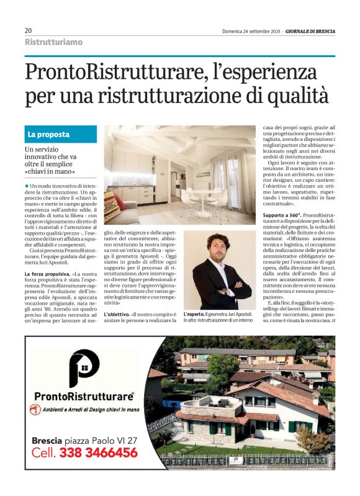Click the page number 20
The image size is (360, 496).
pyautogui.click(x=29, y=30)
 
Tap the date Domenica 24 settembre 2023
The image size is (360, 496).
pyautogui.click(x=251, y=31)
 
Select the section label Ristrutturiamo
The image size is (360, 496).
pyautogui.click(x=53, y=43)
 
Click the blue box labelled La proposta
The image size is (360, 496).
pyautogui.click(x=61, y=134)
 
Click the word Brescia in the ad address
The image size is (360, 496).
pyautogui.click(x=47, y=440)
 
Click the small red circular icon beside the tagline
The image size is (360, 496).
pyautogui.click(x=36, y=410)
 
